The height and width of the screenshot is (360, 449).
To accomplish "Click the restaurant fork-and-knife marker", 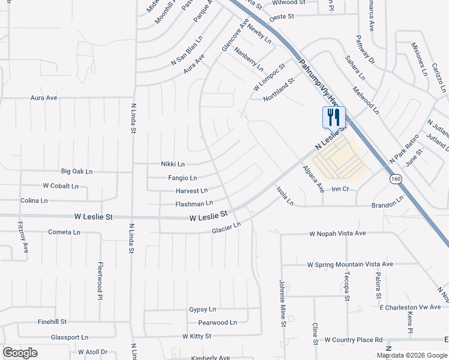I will (x=334, y=117).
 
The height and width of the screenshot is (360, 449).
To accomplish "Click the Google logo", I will (x=20, y=352).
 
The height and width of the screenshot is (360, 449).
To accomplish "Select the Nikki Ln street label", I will (x=172, y=164).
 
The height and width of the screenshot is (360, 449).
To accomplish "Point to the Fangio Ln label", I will (x=182, y=178).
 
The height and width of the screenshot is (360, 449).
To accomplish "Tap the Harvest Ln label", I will (x=191, y=191).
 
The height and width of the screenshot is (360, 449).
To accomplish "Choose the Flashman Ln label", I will (x=194, y=204).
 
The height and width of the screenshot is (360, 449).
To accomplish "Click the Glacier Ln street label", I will (x=226, y=229).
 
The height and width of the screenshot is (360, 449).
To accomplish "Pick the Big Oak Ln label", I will (x=77, y=172).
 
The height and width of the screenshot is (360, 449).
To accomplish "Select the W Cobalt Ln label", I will (x=61, y=186).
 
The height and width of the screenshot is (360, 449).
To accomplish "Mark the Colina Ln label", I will (x=34, y=200).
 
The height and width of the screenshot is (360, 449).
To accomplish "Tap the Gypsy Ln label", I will (x=202, y=309).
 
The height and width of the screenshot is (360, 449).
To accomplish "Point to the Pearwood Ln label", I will (x=217, y=322).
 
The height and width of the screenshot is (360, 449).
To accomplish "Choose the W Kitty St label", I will (x=197, y=336).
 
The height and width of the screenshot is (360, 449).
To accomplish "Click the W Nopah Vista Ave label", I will (x=337, y=233).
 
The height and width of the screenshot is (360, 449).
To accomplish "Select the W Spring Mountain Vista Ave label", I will (x=349, y=264).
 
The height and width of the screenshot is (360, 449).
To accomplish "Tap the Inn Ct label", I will (x=340, y=189).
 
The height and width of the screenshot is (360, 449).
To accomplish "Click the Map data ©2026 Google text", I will (x=411, y=355).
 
